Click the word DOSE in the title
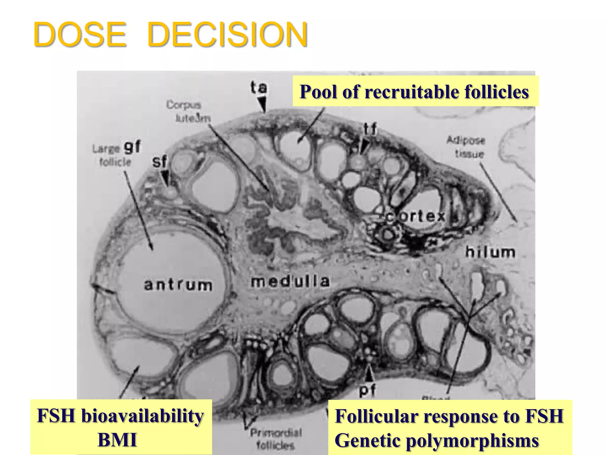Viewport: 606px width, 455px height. click(x=80, y=35)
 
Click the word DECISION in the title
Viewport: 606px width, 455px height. click(x=227, y=35)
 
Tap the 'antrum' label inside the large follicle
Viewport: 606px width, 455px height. click(x=178, y=285)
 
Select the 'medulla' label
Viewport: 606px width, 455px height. click(x=290, y=281)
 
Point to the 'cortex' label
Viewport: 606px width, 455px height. click(x=416, y=216)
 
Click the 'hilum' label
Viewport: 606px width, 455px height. click(x=490, y=252)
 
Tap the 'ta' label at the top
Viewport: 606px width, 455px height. click(x=259, y=88)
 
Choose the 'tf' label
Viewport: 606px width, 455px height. click(x=370, y=129)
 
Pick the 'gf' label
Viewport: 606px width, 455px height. click(x=133, y=147)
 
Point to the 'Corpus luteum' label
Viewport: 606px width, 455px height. click(x=188, y=111)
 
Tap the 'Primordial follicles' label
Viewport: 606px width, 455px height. click(x=276, y=438)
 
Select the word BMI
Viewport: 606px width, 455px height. click(x=117, y=440)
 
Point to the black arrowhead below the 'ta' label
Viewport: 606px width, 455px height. click(x=262, y=105)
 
